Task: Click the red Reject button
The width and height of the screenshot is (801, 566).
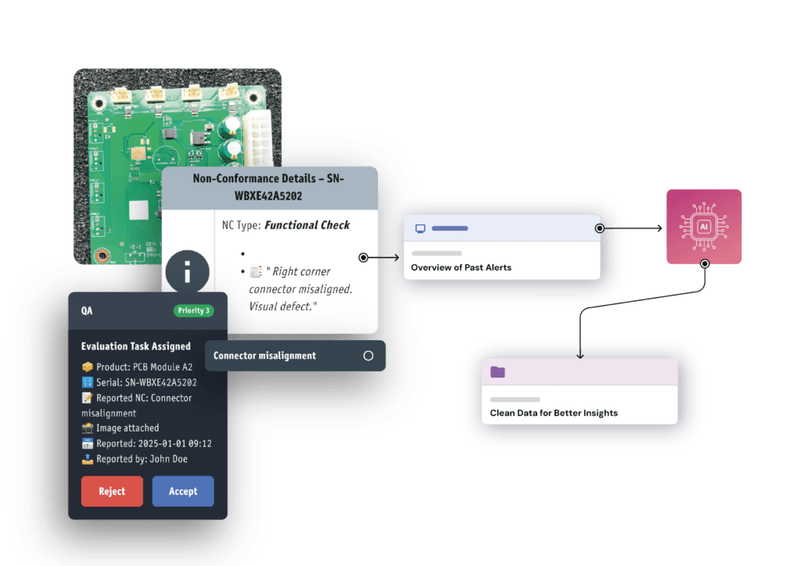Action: tap(112, 491)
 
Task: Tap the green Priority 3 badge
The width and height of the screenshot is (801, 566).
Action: tap(193, 310)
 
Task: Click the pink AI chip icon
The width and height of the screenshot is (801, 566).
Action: tap(703, 226)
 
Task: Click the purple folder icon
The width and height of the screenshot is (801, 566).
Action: tap(497, 372)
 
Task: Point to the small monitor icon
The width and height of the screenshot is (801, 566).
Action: tap(420, 228)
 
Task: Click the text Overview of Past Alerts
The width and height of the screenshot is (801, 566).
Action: tap(461, 267)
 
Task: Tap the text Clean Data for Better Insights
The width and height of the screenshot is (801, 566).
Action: tap(553, 413)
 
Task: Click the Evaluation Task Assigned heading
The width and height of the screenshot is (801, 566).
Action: tap(135, 346)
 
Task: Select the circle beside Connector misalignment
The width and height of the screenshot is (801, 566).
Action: tap(368, 356)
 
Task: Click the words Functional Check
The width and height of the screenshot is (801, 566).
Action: tap(307, 225)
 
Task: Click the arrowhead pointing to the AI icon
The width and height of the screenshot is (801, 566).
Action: tap(658, 229)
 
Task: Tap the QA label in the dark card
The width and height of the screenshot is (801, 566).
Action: tap(87, 310)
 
